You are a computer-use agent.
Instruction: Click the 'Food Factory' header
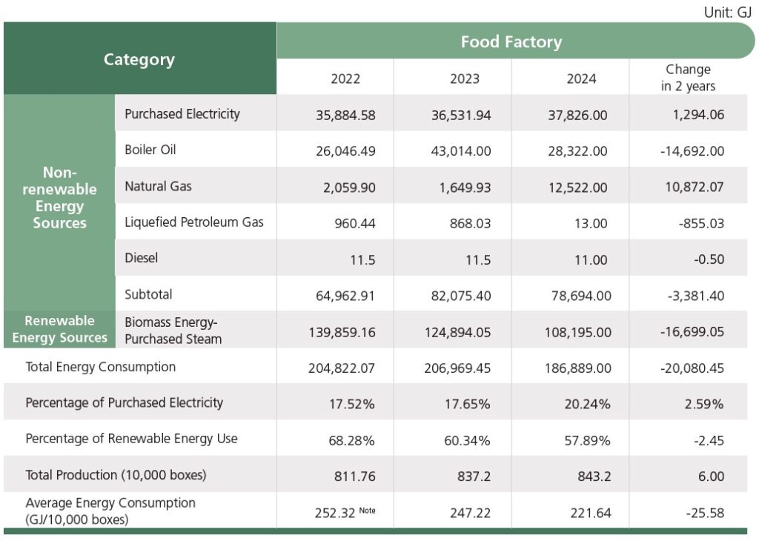[x=511, y=42]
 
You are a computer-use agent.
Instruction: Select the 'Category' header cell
[x=139, y=60]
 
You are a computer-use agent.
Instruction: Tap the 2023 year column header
[x=464, y=79]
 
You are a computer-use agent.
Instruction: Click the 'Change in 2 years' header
[x=688, y=78]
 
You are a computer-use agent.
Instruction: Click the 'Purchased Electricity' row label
[x=182, y=114]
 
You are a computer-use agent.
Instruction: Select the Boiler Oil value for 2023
[x=461, y=151]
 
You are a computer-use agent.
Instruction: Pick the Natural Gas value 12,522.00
[x=581, y=187]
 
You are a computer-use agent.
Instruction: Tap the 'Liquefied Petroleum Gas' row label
[x=194, y=222]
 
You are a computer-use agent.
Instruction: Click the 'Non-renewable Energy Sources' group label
[x=60, y=198]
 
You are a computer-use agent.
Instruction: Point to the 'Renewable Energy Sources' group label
[x=60, y=329]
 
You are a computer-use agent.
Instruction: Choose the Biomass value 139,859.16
[x=342, y=332]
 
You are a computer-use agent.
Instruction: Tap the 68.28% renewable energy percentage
[x=351, y=440]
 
